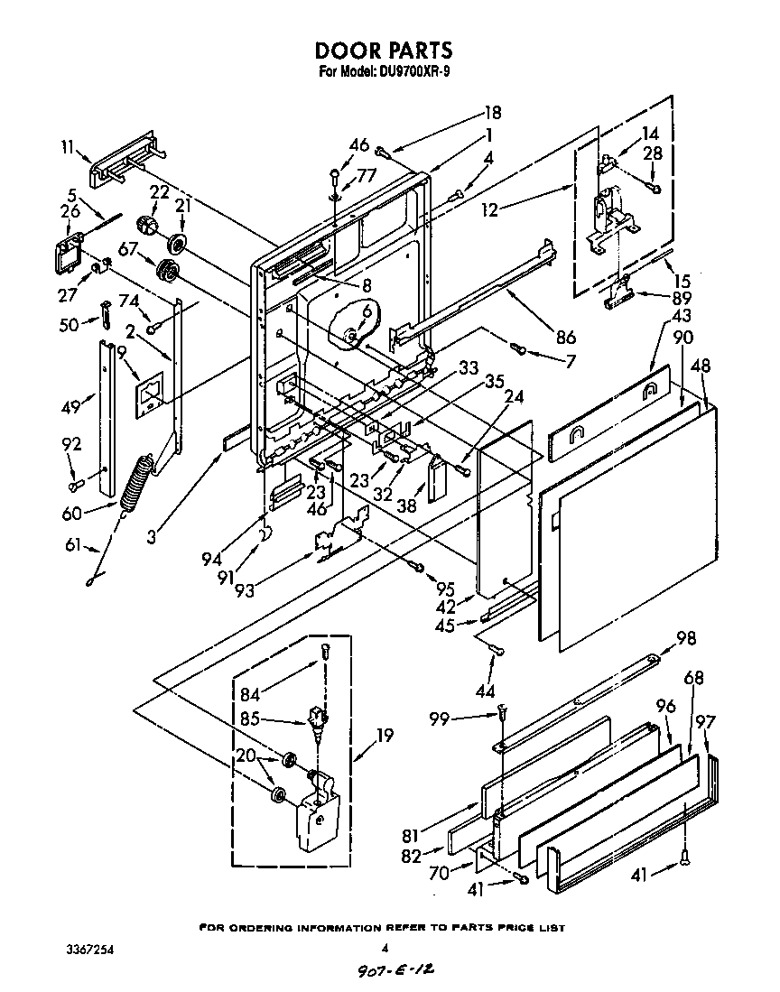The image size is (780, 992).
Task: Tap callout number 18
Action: (493, 113)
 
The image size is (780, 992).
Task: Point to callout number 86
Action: (566, 339)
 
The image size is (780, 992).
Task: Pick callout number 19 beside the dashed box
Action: (385, 736)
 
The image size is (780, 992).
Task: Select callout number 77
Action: (365, 175)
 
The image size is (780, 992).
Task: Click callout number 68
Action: (693, 678)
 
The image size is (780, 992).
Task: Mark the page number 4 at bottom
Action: (385, 949)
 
